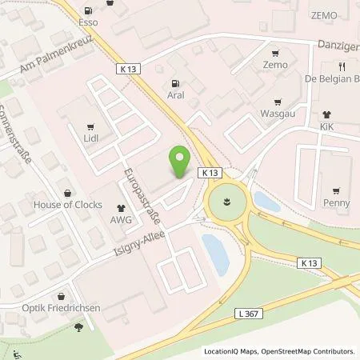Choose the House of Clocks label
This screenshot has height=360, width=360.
[67, 204]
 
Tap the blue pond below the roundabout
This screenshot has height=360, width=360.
[214, 254]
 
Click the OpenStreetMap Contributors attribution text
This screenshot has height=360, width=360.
[310, 351]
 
